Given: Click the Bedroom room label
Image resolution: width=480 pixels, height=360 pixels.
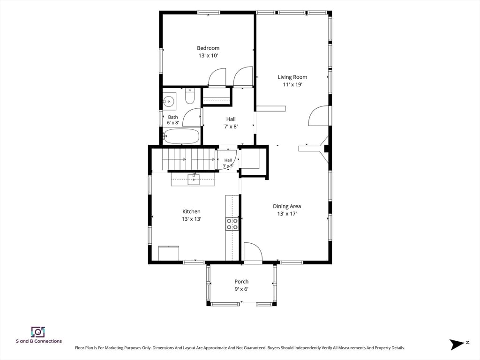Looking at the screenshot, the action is click(x=208, y=48).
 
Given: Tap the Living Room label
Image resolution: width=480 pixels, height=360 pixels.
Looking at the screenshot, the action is click(x=292, y=77).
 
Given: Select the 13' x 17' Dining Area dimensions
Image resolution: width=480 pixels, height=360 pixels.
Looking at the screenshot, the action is click(x=287, y=214).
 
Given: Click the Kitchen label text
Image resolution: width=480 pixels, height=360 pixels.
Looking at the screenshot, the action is click(x=191, y=211).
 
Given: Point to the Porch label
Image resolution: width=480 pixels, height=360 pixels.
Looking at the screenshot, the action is click(x=241, y=282).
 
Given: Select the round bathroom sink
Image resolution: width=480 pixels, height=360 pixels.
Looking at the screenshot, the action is click(x=168, y=101).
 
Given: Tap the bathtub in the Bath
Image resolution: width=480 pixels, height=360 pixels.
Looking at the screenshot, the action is click(x=181, y=136).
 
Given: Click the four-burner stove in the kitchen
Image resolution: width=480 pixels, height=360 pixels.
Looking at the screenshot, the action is click(x=232, y=224).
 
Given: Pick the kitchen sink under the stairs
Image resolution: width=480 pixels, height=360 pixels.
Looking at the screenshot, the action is click(x=194, y=180).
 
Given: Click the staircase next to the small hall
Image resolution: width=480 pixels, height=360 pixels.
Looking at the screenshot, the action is click(x=188, y=159).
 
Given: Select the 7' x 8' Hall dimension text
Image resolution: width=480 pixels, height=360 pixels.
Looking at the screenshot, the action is click(x=231, y=127).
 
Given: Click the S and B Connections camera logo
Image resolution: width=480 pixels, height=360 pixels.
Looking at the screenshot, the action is click(x=38, y=332).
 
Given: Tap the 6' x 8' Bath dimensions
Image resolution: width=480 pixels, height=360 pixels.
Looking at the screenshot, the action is click(x=173, y=123).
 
